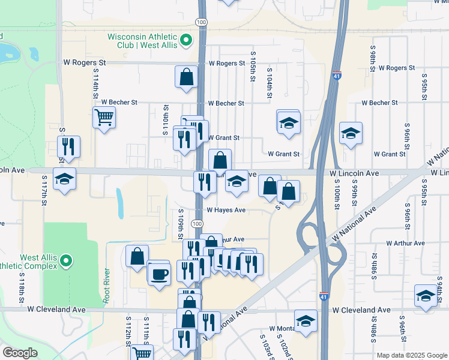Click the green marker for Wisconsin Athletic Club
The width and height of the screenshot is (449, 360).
[x=186, y=41]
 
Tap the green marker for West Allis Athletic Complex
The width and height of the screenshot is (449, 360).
[x=67, y=261]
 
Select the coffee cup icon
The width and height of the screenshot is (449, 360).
[x=159, y=274]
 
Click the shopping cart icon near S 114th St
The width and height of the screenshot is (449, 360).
[x=104, y=117]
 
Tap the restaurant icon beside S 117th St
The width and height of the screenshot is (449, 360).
[x=68, y=146]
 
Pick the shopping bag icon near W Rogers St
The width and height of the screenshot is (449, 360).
[x=186, y=76]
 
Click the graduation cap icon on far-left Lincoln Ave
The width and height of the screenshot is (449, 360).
[x=64, y=179]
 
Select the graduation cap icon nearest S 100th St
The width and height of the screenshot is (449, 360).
[x=351, y=133]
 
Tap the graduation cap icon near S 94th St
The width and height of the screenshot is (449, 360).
[x=426, y=296]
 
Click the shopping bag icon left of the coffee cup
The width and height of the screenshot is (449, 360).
[x=137, y=256]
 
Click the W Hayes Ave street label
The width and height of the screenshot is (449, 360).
[x=226, y=210]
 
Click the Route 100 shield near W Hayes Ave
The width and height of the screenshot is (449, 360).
[x=197, y=223]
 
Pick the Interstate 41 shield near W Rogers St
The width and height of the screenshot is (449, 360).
[x=337, y=76]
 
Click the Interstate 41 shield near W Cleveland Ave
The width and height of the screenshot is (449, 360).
[x=324, y=296]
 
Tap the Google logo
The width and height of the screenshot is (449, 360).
[x=20, y=353]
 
